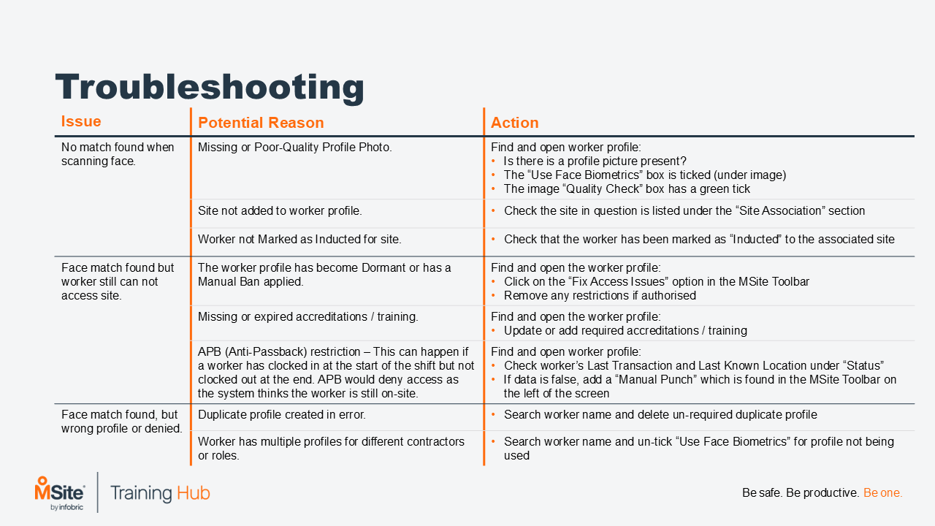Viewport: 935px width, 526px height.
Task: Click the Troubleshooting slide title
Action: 210,87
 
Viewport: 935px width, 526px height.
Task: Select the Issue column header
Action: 81,122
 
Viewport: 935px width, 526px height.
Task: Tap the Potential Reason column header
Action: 261,123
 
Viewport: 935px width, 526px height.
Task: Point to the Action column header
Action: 514,123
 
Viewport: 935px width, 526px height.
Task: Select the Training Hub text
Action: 160,492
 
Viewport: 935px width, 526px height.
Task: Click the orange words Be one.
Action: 882,493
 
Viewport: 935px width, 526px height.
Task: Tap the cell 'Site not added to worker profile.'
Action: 280,211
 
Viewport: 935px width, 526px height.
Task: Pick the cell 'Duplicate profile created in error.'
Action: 281,415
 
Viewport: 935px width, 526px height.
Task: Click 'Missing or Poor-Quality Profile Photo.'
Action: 294,148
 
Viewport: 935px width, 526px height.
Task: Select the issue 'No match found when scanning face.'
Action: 118,154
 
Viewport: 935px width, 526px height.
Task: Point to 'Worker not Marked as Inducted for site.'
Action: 299,240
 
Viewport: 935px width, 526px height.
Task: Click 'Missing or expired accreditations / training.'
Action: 308,317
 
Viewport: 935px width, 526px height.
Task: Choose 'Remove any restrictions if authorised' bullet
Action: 600,296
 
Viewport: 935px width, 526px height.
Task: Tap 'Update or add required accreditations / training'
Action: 625,331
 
